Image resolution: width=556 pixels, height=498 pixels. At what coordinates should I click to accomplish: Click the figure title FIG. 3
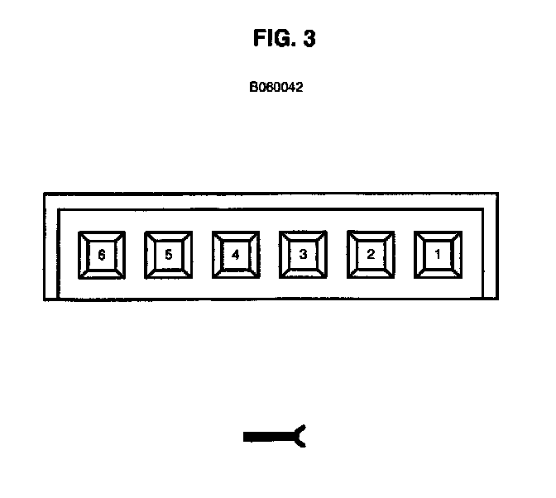[x=284, y=40]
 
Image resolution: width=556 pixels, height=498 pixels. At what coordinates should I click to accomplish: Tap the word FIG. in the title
[x=272, y=40]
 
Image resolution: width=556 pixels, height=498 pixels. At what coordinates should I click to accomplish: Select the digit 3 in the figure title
[x=309, y=40]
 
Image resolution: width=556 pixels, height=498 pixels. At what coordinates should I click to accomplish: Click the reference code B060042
[x=276, y=85]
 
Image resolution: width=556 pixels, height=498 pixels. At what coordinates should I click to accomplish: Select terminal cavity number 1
[x=438, y=255]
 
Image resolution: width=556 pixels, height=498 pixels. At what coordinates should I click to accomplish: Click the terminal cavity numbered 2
[x=371, y=255]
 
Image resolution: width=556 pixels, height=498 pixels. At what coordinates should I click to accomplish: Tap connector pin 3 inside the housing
[x=303, y=255]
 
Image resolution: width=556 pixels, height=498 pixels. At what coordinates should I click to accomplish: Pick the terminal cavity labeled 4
[x=236, y=255]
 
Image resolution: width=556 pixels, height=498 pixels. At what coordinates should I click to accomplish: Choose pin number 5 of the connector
[x=168, y=255]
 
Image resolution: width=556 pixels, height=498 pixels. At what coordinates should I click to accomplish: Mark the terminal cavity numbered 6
[x=101, y=255]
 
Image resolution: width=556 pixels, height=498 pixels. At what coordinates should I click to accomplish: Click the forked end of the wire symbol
[x=300, y=437]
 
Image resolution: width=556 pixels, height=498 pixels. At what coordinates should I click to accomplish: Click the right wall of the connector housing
[x=491, y=248]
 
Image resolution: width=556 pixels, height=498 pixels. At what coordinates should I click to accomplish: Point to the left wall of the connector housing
[x=51, y=248]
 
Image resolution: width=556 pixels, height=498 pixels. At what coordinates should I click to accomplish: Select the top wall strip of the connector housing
[x=271, y=201]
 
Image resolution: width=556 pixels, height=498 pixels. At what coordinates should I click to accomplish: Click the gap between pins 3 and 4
[x=270, y=255]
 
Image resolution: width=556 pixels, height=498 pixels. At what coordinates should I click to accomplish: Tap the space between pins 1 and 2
[x=405, y=255]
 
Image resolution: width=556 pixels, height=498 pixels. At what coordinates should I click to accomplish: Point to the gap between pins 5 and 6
[x=135, y=255]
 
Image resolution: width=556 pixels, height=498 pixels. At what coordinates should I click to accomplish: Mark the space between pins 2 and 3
[x=337, y=255]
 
